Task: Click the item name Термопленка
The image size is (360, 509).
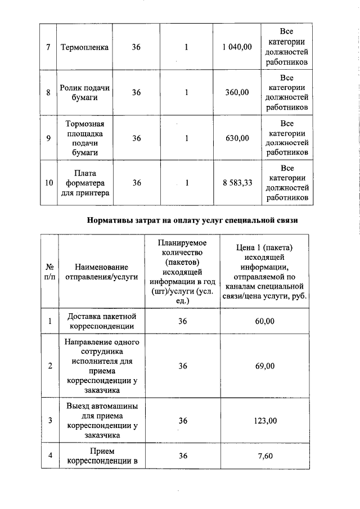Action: click(84, 47)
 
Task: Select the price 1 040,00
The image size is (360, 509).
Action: click(237, 47)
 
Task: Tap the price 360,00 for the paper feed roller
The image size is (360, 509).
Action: click(237, 92)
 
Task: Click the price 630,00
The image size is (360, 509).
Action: click(237, 138)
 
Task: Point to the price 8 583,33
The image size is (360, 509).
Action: click(237, 183)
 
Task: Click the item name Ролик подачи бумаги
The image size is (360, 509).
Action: click(84, 92)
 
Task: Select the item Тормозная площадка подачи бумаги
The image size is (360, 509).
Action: click(84, 138)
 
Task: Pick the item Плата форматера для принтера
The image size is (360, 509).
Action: click(84, 183)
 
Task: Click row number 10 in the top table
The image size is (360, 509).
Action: click(49, 183)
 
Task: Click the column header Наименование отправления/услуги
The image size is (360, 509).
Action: click(101, 272)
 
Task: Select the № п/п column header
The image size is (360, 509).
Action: click(49, 272)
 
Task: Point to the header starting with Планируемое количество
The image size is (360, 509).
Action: click(182, 272)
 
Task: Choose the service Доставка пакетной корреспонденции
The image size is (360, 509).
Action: click(101, 321)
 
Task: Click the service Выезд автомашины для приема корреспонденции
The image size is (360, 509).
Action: click(101, 421)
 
